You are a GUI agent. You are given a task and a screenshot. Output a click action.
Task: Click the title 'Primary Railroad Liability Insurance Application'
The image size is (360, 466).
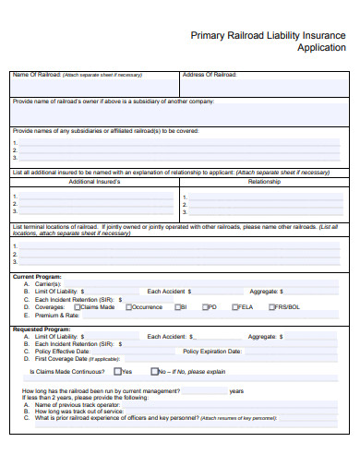(267, 42)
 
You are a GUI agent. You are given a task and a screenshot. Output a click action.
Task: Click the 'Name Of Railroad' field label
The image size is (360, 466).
(37, 74)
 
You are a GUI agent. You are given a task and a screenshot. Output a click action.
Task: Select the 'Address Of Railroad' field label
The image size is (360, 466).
(210, 74)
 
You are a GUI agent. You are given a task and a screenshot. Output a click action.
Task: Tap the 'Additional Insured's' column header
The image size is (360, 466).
(95, 182)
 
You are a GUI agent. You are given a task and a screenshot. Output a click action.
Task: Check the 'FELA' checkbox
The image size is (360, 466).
(235, 307)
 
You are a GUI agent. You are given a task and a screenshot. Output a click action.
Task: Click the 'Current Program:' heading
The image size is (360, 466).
(36, 277)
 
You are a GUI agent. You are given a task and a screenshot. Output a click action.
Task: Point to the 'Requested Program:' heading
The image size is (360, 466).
(40, 329)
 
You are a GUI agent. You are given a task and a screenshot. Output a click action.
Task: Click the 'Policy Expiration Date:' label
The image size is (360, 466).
(212, 351)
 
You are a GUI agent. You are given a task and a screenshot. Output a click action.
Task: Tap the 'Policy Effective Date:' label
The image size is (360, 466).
(62, 351)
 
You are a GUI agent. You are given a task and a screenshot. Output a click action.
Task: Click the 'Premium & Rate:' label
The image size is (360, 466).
(57, 316)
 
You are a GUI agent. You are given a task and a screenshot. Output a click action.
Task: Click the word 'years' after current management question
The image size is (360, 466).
(236, 390)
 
